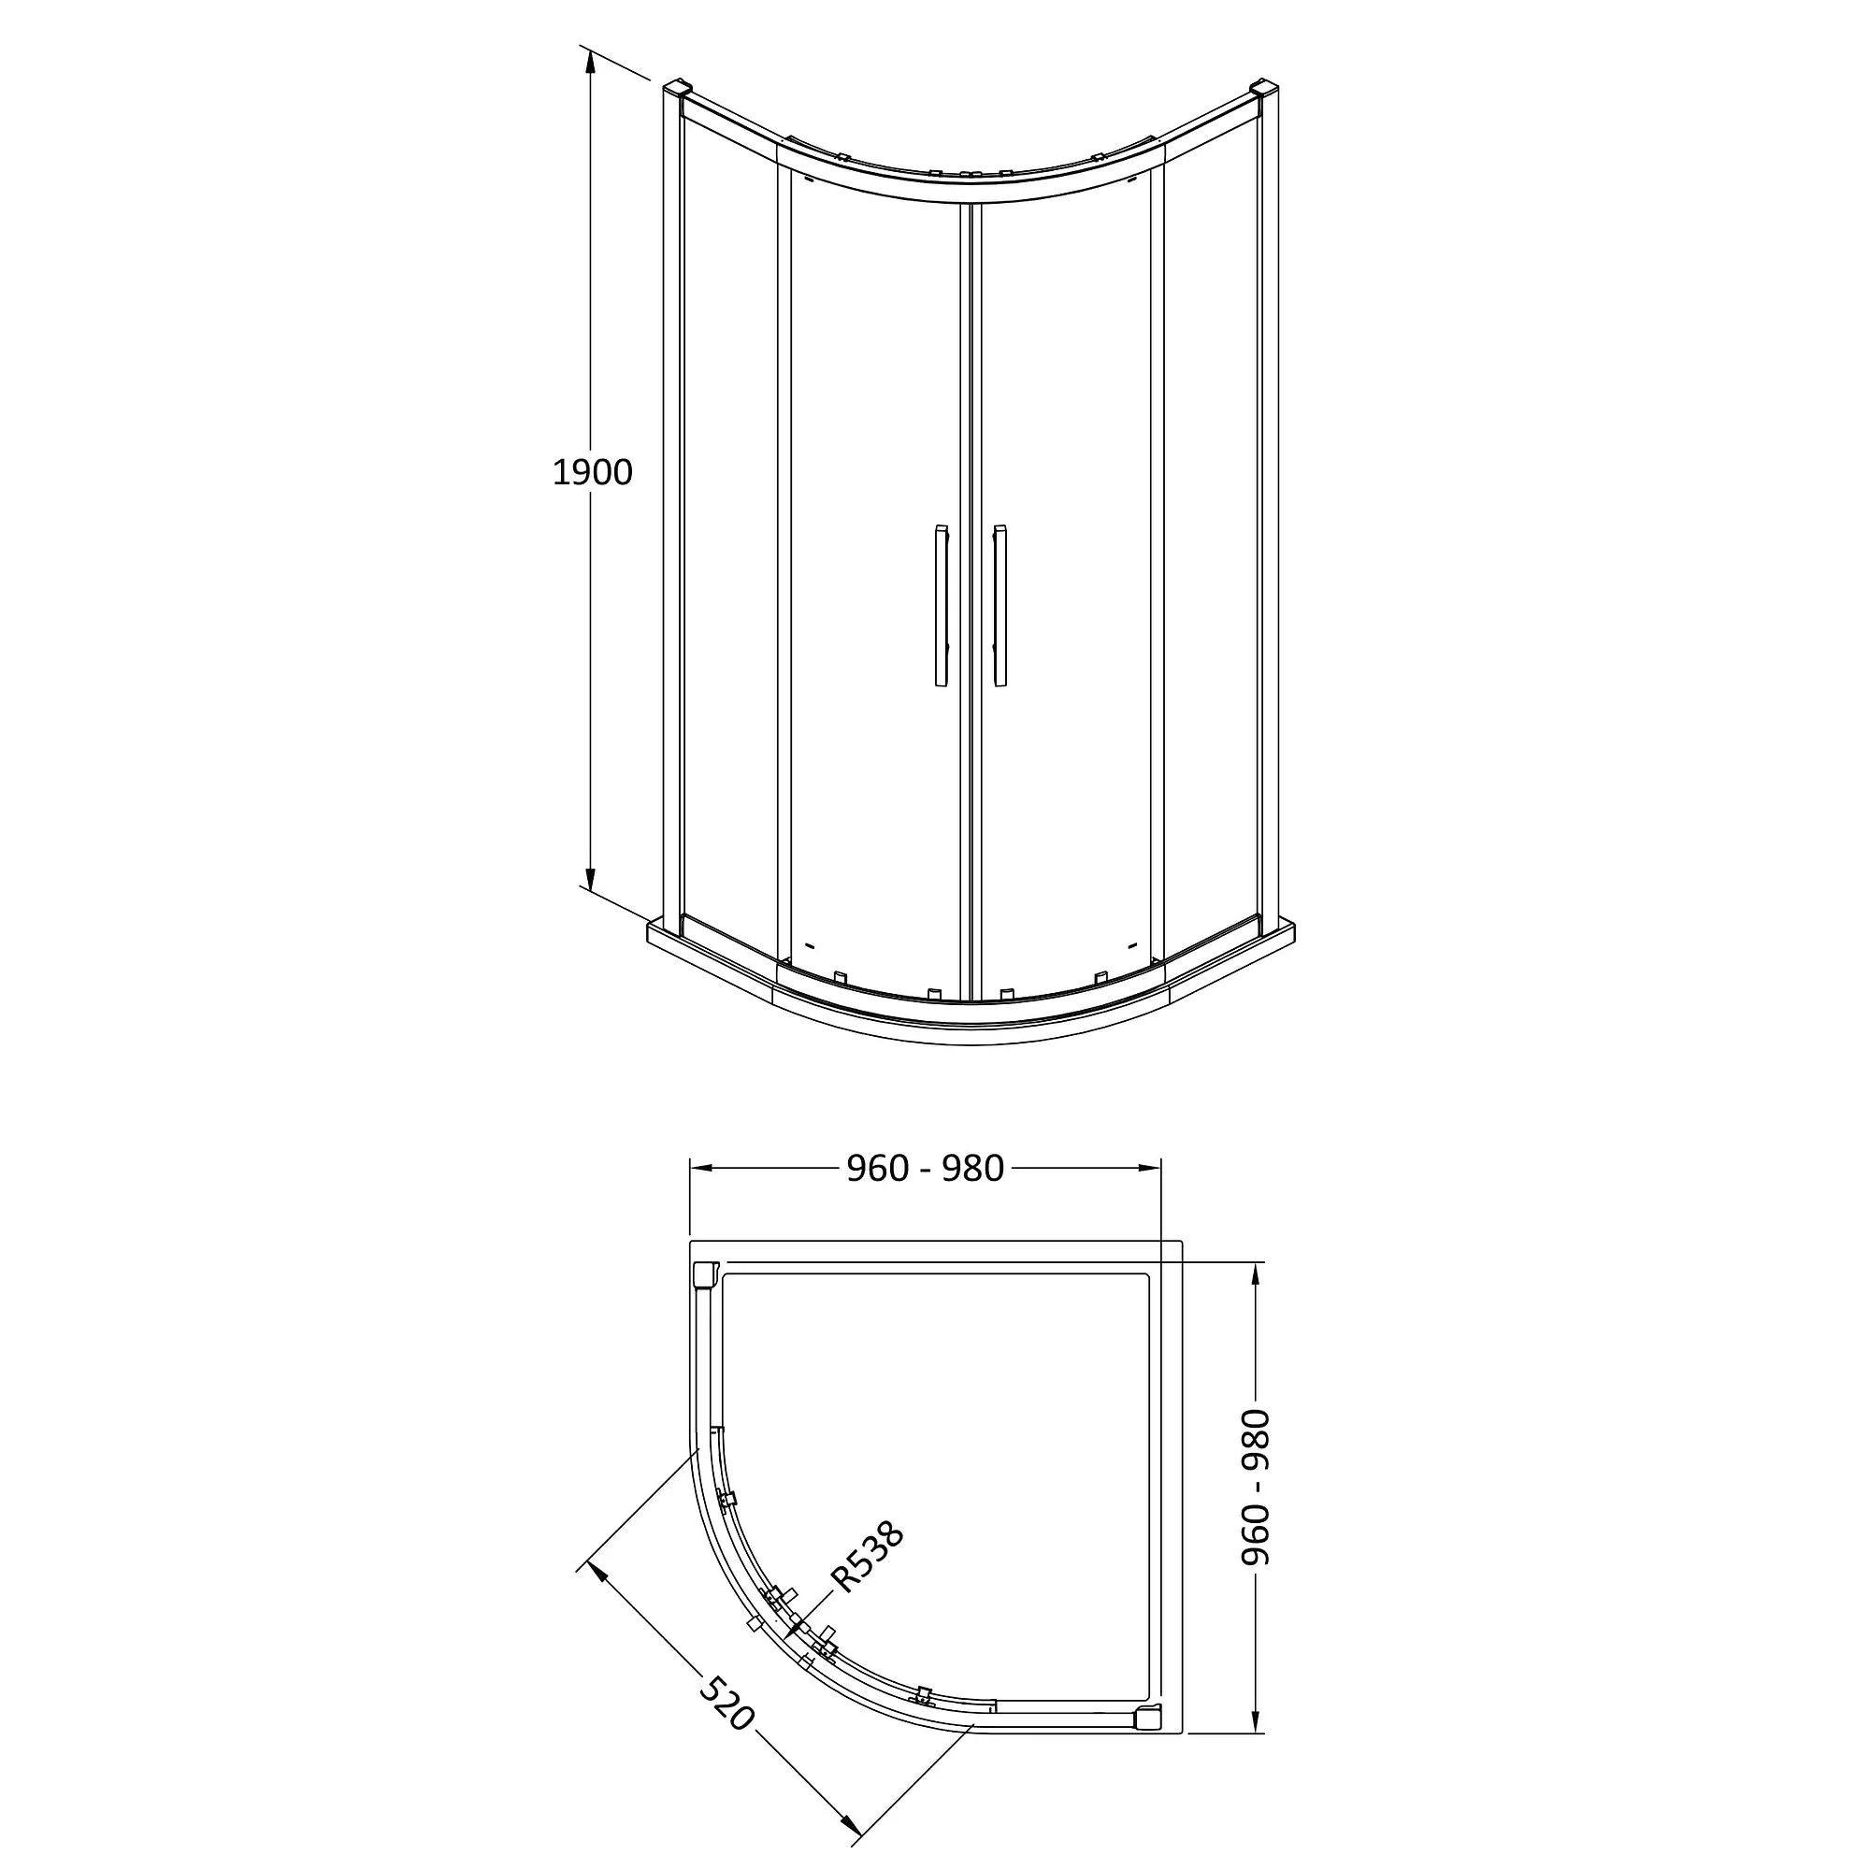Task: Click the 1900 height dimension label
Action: pos(592,472)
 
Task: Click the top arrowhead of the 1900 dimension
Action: pos(588,60)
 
